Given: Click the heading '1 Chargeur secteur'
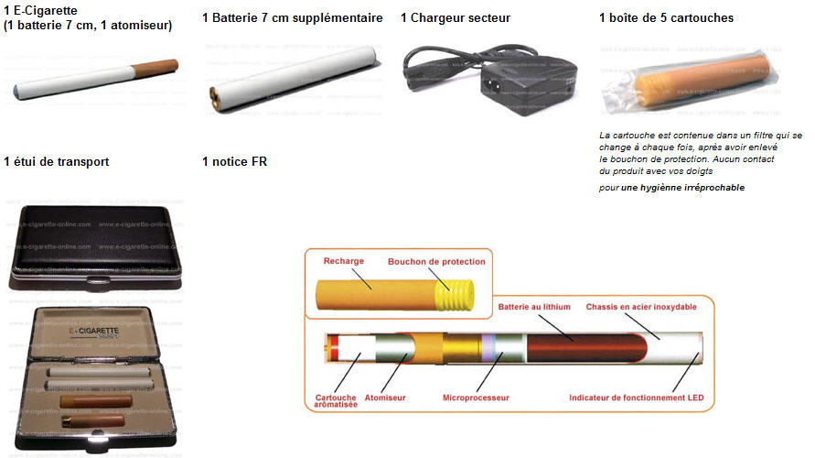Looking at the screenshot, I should pos(456,17).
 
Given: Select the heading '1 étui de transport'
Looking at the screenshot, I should pos(57,162).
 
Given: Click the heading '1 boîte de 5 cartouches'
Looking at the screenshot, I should pos(666,17).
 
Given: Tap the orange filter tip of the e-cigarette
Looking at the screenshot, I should pos(155,69).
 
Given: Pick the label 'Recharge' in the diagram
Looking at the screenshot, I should pos(344,261).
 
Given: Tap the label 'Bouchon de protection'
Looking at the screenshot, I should pos(436,262).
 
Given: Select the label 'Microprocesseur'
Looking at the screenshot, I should pos(476,398).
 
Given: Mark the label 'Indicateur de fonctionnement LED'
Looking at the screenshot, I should pos(636,398).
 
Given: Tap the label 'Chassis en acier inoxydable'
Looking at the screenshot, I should pos(641,305).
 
